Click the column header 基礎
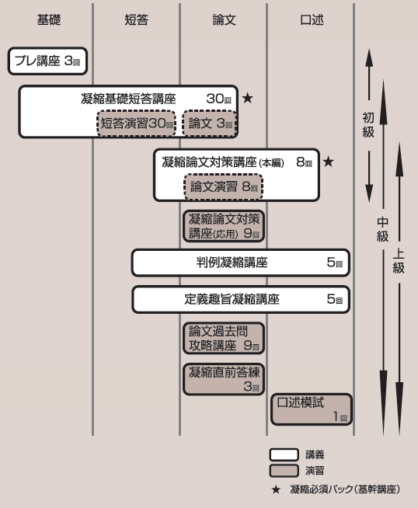click(x=49, y=19)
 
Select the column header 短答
click(x=137, y=19)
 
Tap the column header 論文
click(x=225, y=19)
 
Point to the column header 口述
click(x=312, y=19)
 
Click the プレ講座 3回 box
click(x=47, y=61)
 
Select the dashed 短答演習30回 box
click(x=137, y=123)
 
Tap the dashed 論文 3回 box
click(x=210, y=123)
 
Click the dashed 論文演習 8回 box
click(x=223, y=186)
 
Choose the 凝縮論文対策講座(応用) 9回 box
click(x=224, y=226)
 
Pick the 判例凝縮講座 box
click(x=241, y=263)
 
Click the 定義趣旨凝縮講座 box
click(x=241, y=299)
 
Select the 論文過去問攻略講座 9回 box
click(x=224, y=338)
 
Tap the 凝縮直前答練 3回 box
click(x=224, y=379)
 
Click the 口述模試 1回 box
click(x=312, y=409)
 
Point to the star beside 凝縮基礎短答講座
click(x=248, y=98)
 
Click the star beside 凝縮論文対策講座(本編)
click(x=328, y=162)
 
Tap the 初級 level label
click(x=368, y=125)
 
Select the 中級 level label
click(x=383, y=229)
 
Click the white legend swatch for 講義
click(x=284, y=454)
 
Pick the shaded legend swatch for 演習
click(x=284, y=471)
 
